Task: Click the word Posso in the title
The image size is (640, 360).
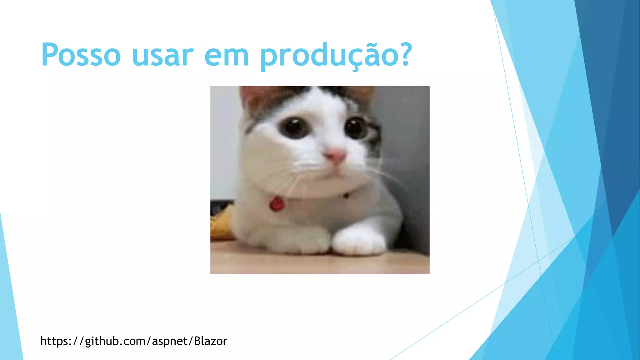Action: coord(81,55)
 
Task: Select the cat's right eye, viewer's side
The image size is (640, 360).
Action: coord(356,127)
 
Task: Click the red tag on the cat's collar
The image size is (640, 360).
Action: coord(277,204)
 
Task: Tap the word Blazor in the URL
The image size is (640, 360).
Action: coord(210,341)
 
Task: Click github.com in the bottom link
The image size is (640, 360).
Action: coord(115,341)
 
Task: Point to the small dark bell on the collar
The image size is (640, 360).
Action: coord(346,196)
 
